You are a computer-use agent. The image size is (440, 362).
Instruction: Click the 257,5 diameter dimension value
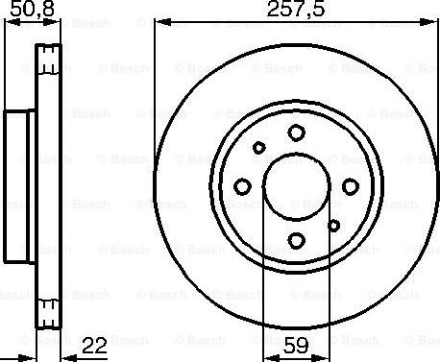296,9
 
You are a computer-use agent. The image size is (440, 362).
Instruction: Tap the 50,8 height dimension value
32,9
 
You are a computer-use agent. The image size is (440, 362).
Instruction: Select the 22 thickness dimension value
94,346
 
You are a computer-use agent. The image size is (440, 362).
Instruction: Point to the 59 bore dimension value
296,346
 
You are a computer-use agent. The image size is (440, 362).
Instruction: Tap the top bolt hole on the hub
296,133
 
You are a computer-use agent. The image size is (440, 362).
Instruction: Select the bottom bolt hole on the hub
296,240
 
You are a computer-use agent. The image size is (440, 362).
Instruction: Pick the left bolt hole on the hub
242,186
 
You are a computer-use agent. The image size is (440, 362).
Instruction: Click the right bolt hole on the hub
351,186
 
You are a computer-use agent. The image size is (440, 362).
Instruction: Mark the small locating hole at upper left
258,148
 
